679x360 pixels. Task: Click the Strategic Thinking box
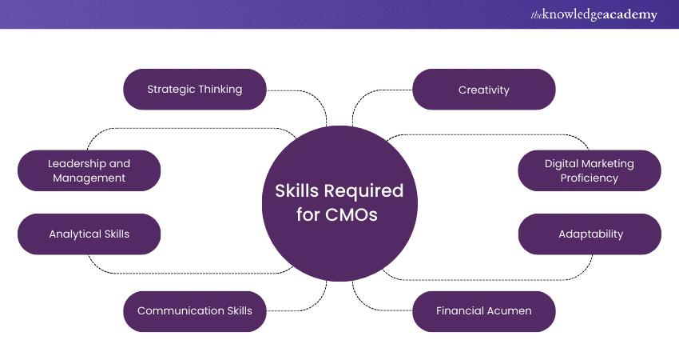[194, 90]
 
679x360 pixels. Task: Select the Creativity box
[483, 90]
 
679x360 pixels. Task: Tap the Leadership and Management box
[89, 170]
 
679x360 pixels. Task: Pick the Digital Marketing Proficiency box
[590, 170]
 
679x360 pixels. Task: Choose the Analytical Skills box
[89, 234]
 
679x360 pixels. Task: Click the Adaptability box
[590, 234]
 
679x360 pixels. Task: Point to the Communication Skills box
[194, 310]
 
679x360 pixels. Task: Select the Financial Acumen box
[483, 310]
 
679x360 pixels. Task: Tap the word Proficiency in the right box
[590, 178]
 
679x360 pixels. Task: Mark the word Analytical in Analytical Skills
[73, 234]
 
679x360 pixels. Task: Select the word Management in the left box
[89, 178]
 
